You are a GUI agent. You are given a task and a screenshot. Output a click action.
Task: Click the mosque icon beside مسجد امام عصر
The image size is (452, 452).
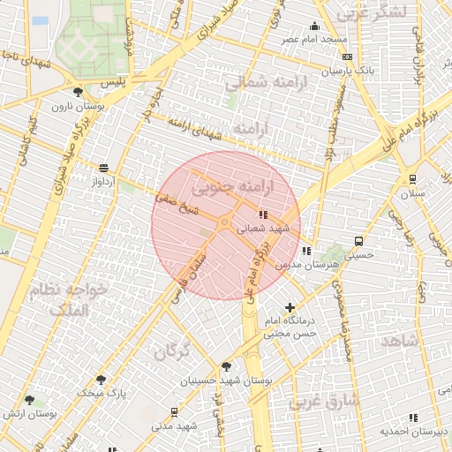[315, 26]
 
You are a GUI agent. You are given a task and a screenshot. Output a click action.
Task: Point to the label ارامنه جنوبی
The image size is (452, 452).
[233, 188]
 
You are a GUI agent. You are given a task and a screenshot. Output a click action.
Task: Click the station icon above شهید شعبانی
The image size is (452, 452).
[263, 215]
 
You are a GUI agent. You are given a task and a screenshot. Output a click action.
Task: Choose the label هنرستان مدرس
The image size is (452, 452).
[294, 264]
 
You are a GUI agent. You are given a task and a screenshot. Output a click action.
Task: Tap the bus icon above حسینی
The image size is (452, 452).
[358, 241]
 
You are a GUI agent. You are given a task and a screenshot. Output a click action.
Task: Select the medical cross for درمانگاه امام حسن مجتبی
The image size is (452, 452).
[290, 308]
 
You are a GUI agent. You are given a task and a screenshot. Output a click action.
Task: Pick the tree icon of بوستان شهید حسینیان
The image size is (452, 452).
[227, 366]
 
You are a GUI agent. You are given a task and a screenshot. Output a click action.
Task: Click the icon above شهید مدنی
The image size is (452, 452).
[174, 411]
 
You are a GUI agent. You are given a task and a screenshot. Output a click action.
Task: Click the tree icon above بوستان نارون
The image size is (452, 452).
[79, 91]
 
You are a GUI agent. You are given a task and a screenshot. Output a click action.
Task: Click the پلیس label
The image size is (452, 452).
[114, 82]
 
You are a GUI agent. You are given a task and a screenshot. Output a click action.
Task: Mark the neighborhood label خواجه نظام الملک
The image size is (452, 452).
[67, 299]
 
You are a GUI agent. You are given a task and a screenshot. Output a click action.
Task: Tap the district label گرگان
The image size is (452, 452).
[172, 352]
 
